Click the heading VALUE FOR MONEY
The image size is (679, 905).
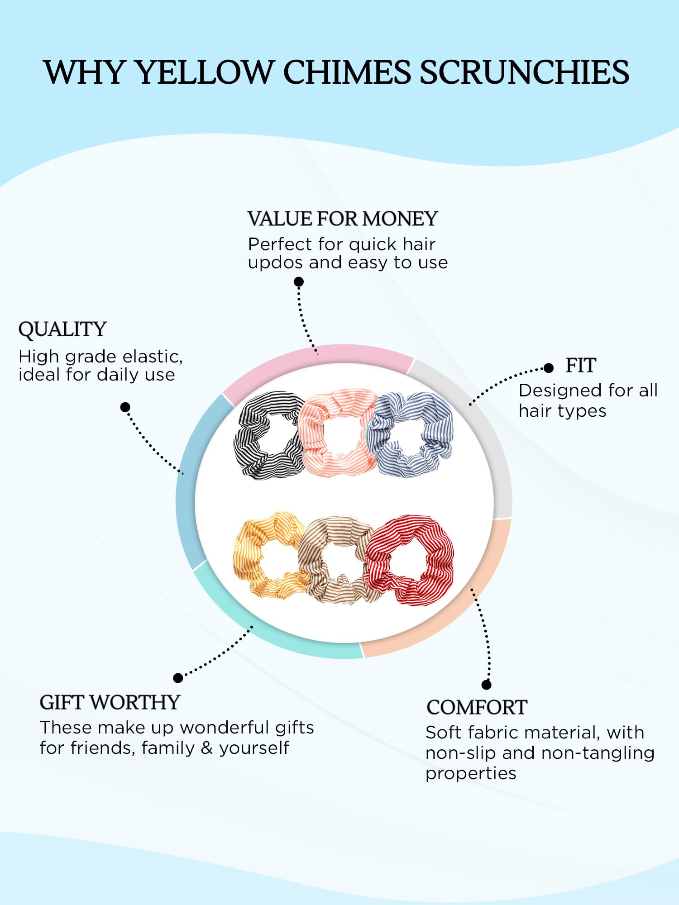[343, 219]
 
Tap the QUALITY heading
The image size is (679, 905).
[62, 330]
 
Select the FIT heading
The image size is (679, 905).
[581, 366]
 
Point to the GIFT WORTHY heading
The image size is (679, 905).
[110, 703]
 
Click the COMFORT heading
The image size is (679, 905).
[477, 708]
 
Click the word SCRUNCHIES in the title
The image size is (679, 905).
[524, 72]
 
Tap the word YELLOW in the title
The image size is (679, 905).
[204, 72]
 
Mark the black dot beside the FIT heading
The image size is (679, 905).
[549, 368]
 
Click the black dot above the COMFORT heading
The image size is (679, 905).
[487, 685]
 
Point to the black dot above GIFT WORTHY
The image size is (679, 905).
[178, 678]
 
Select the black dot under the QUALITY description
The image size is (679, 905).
[125, 407]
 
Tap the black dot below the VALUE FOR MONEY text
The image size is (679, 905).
[299, 282]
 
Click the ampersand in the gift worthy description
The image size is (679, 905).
[207, 748]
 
